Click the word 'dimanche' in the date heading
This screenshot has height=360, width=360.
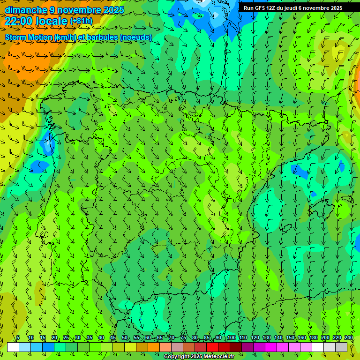[26, 10]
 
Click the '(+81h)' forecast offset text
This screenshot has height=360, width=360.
[81, 21]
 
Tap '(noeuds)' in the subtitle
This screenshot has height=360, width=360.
[136, 37]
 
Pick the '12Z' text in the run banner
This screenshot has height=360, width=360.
[271, 8]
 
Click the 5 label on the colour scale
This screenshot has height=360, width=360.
[18, 337]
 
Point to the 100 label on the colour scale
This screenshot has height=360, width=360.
[231, 337]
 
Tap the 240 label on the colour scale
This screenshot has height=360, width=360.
[348, 337]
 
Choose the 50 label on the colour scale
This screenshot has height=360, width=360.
[124, 337]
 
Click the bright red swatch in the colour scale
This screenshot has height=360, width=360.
[212, 347]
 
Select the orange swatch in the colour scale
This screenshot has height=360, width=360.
[154, 347]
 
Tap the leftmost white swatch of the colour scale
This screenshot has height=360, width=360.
[13, 347]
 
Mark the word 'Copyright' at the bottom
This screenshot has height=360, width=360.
[176, 357]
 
